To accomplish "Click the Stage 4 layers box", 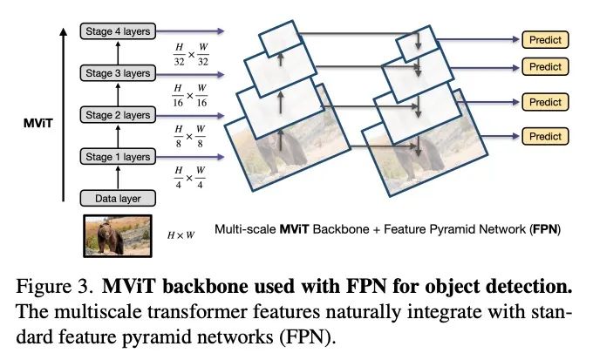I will tap(119, 31).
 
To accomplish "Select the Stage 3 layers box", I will tap(119, 72).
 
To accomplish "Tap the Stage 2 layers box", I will tap(119, 114).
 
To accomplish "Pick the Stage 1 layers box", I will tap(119, 156).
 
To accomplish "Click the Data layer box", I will tap(119, 198).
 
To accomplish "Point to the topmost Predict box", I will tap(545, 39).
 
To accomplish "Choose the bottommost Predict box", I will tap(545, 136).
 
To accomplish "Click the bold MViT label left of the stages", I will tap(37, 124).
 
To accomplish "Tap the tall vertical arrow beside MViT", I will tap(65, 113).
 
